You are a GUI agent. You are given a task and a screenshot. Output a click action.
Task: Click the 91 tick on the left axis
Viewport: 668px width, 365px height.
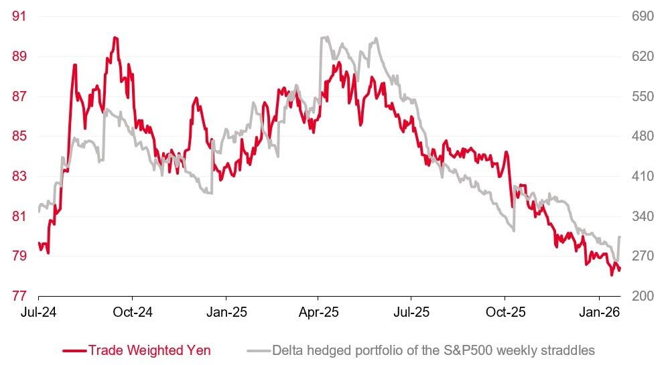[x=19, y=15]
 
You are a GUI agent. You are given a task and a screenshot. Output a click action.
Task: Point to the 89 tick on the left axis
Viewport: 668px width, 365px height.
[x=19, y=56]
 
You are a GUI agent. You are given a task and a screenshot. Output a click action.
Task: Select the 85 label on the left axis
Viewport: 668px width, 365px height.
[x=19, y=136]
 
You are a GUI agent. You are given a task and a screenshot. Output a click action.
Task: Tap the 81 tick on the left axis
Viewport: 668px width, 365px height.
[x=19, y=216]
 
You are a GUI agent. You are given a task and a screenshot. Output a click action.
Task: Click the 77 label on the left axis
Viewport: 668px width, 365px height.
[x=19, y=296]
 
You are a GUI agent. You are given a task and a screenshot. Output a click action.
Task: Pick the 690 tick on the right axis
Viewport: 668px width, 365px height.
[x=643, y=15]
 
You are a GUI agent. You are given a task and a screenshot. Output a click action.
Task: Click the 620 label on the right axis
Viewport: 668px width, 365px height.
[x=643, y=56]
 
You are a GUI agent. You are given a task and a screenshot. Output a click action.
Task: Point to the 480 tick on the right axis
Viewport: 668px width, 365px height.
[x=643, y=136]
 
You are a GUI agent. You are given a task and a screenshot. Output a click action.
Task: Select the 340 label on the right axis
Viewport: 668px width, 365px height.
[x=643, y=216]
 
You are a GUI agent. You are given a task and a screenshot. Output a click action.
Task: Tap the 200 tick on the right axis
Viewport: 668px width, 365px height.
[x=643, y=296]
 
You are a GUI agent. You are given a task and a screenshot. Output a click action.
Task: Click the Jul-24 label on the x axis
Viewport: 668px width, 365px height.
[x=38, y=312]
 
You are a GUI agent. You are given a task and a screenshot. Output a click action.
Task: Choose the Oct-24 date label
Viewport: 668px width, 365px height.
[x=132, y=312]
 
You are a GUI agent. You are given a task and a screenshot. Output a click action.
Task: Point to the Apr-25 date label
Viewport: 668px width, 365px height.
[x=318, y=312]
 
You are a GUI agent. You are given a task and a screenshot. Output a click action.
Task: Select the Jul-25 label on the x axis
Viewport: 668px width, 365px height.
[x=411, y=312]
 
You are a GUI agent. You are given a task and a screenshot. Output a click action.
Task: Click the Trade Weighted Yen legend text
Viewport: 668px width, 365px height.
[x=150, y=350]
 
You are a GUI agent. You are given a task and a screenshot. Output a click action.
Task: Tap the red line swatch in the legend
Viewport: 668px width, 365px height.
[x=74, y=350]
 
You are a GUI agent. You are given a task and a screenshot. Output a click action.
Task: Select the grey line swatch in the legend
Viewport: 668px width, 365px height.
[x=259, y=350]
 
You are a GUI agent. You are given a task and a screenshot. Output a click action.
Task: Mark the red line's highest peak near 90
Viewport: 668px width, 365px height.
[x=115, y=38]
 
